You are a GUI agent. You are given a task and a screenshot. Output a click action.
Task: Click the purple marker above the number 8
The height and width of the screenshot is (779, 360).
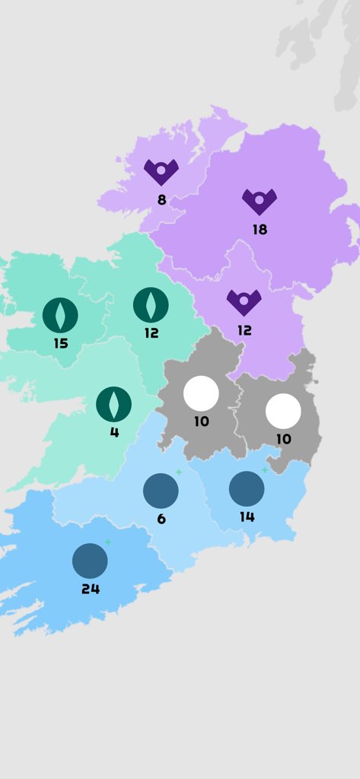click(x=161, y=171)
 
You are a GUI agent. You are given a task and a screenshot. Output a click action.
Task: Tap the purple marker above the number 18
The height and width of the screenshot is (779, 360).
click(x=260, y=201)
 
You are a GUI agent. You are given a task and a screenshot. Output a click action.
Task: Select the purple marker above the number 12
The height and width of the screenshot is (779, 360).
click(x=244, y=301)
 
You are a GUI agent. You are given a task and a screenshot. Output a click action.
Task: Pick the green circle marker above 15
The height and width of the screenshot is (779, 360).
click(x=60, y=315)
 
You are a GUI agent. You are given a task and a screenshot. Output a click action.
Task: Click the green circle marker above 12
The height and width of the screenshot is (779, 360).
click(x=151, y=305)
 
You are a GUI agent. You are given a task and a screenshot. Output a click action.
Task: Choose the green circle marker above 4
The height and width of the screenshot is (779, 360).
click(x=113, y=404)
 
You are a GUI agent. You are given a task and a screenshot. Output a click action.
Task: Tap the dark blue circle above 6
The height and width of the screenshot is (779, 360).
click(x=161, y=491)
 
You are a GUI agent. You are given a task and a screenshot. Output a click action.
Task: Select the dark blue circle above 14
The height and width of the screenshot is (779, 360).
click(x=247, y=488)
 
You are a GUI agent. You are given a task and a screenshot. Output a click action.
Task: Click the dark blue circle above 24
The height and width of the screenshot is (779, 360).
click(x=90, y=561)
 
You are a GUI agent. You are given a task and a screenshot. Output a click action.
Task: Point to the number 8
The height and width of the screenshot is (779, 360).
click(x=161, y=200)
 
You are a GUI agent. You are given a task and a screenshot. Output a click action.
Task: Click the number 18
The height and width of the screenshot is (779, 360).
click(x=260, y=230)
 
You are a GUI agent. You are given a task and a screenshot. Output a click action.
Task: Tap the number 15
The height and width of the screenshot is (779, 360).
click(x=61, y=344)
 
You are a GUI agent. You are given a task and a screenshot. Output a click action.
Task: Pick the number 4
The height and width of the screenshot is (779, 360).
click(x=114, y=433)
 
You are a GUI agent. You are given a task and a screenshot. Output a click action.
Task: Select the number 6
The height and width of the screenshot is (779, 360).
click(x=161, y=519)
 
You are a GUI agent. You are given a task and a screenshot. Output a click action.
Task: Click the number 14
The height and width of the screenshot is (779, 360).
click(x=247, y=517)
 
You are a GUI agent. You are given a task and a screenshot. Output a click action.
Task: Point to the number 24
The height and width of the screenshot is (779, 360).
click(x=91, y=589)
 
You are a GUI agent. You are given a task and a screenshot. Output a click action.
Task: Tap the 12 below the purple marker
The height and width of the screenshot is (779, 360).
click(x=244, y=331)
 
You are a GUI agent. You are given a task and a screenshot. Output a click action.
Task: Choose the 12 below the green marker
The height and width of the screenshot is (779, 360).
click(x=151, y=333)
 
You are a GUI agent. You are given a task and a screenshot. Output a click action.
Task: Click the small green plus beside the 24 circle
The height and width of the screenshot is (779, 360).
click(x=108, y=542)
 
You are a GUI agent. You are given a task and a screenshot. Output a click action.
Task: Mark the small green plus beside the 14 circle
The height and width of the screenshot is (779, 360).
click(x=265, y=470)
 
